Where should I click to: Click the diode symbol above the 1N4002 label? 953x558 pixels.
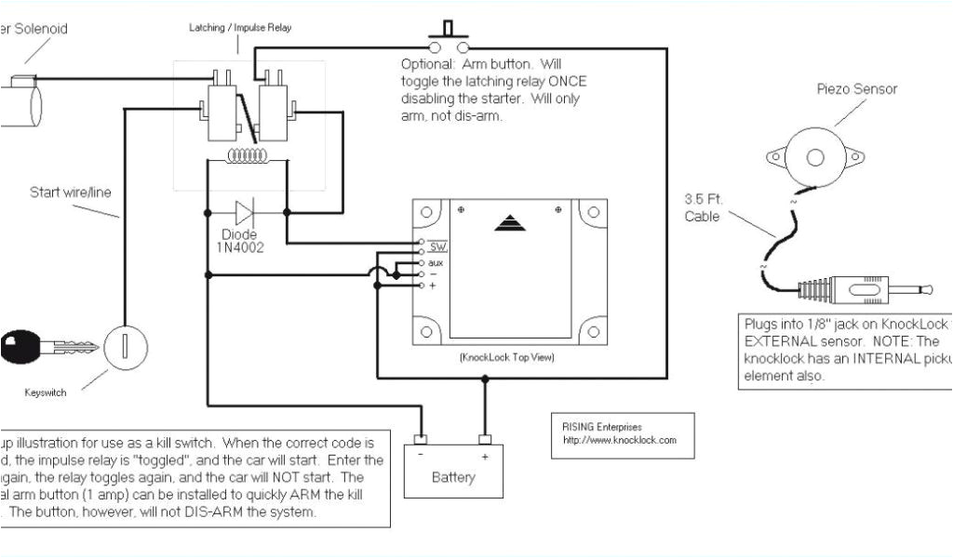248,211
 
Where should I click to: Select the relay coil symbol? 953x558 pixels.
247,156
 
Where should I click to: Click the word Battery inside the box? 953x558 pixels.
453,477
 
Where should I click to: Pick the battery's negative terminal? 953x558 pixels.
421,440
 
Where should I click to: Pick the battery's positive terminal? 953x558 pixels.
484,440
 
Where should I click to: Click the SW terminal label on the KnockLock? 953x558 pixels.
438,248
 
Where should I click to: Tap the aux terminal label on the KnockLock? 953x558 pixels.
436,262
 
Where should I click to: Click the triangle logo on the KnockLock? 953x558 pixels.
508,222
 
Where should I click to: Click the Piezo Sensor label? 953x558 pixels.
856,89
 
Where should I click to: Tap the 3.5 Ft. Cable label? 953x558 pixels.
704,206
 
